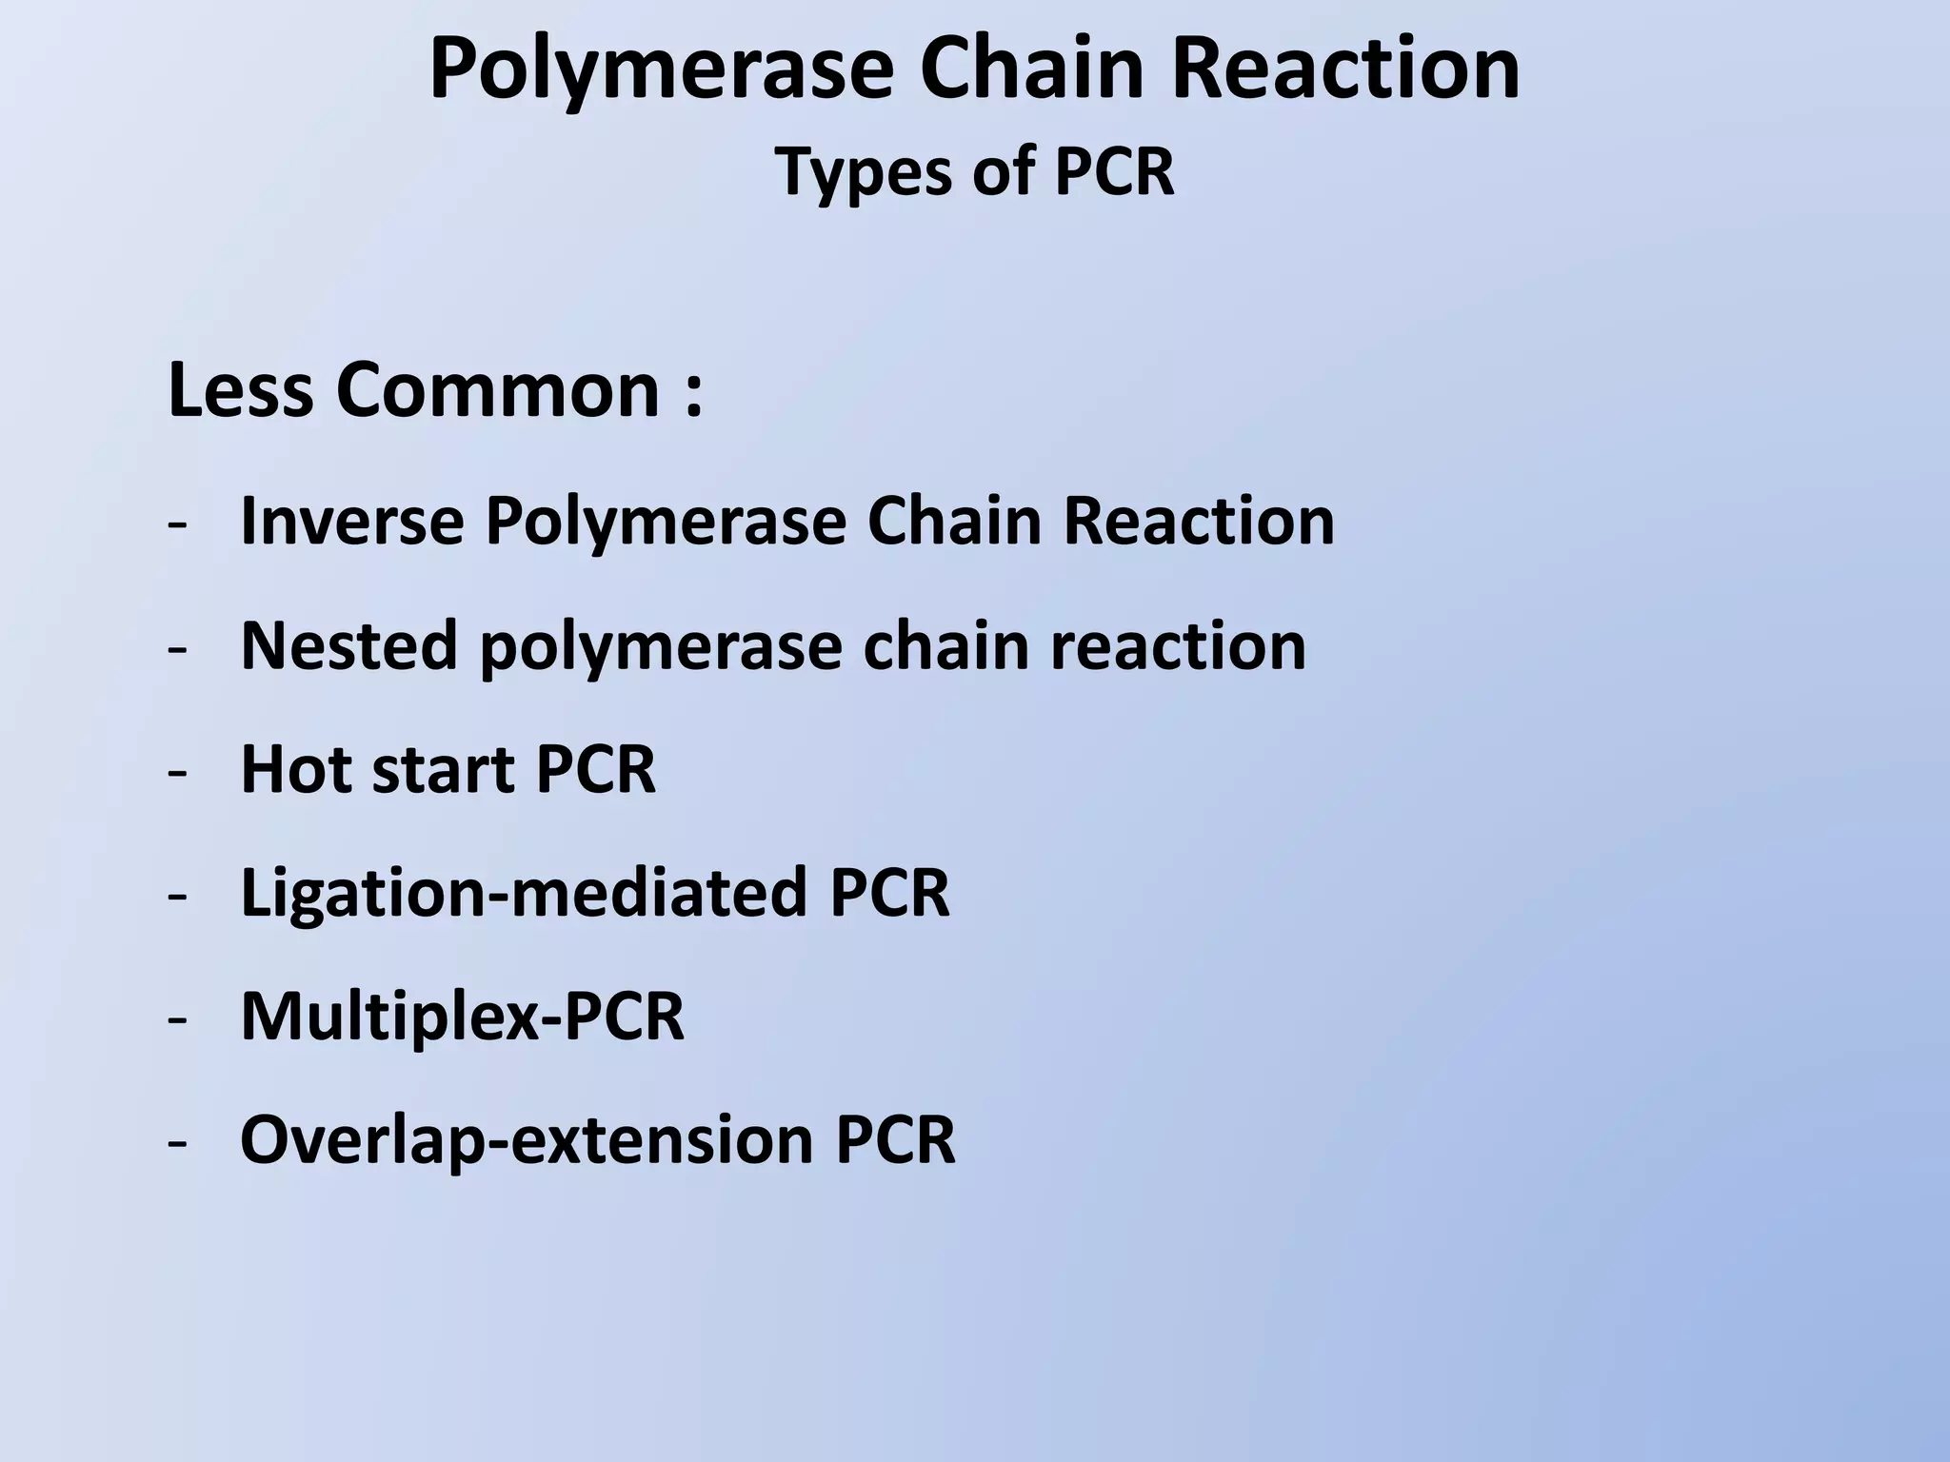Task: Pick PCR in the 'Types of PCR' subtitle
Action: pos(1114,172)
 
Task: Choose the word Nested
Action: pos(348,645)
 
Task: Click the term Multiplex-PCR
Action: pos(462,1017)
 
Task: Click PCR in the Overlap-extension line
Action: pos(895,1139)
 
